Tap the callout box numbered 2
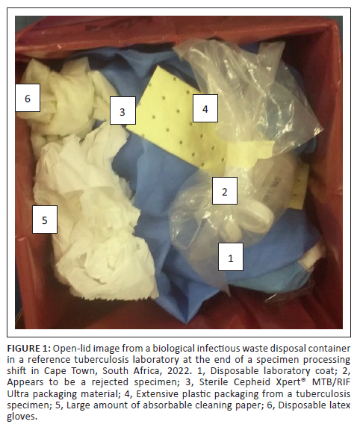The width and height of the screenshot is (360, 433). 225,191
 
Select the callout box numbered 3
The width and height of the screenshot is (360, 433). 122,110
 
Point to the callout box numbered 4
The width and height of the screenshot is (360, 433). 205,108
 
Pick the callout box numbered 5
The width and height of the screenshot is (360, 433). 45,219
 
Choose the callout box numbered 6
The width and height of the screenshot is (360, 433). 28,98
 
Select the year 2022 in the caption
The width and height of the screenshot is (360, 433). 179,370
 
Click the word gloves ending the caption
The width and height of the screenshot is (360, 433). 22,417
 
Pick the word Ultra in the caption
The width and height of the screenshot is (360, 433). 18,393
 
